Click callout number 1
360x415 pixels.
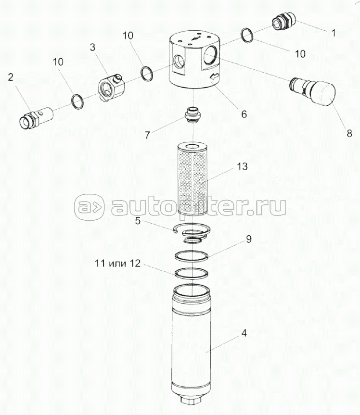pyautogui.click(x=334, y=33)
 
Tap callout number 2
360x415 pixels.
pyautogui.click(x=11, y=77)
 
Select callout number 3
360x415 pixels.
pyautogui.click(x=92, y=48)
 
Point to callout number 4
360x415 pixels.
pyautogui.click(x=244, y=333)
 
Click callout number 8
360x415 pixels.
pyautogui.click(x=349, y=133)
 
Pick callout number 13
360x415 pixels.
pyautogui.click(x=242, y=166)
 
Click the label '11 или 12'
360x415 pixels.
pyautogui.click(x=117, y=264)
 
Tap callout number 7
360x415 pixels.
pyautogui.click(x=147, y=135)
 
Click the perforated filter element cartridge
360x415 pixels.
pyautogui.click(x=193, y=179)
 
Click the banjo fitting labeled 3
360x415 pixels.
pyautogui.click(x=111, y=88)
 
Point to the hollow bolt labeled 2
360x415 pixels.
pyautogui.click(x=36, y=117)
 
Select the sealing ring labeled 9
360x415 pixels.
pyautogui.click(x=191, y=256)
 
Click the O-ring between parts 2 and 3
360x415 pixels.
pyautogui.click(x=77, y=101)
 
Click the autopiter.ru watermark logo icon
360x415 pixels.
pyautogui.click(x=89, y=207)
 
